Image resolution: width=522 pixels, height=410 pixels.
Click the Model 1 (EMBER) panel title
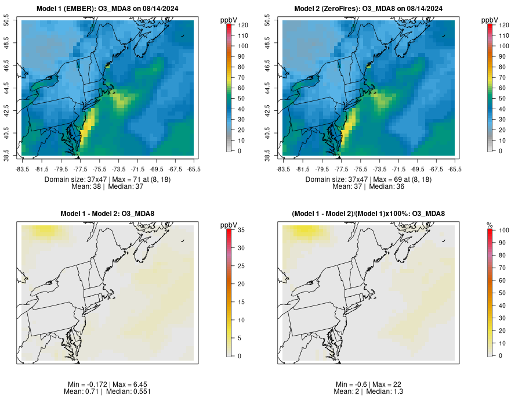(x=107, y=8)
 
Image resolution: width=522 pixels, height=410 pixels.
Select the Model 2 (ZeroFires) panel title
(x=368, y=8)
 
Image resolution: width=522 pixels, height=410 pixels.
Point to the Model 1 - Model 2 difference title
(x=107, y=214)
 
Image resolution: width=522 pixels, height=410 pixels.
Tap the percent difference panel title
(x=368, y=214)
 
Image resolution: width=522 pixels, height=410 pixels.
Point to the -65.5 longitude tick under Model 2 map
(x=455, y=169)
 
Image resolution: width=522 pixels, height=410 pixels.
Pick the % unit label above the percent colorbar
(x=490, y=225)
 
